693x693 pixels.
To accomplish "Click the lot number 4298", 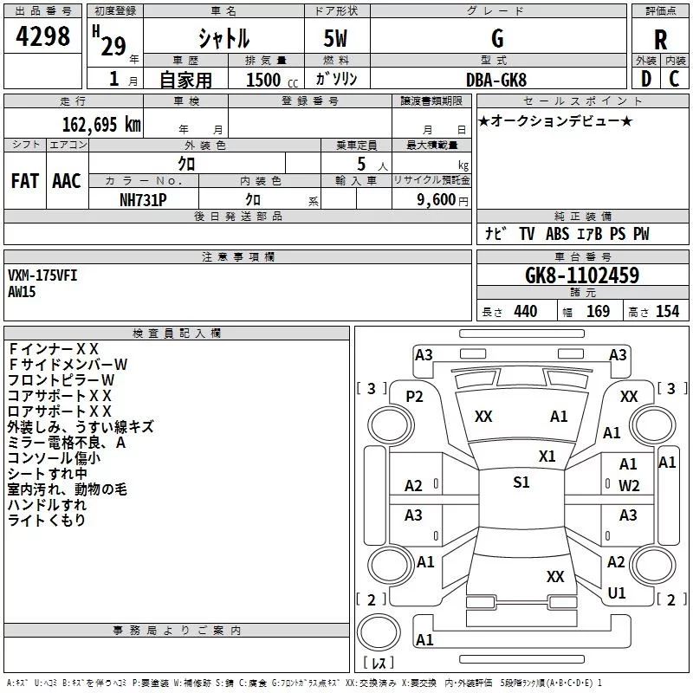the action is click(42, 36).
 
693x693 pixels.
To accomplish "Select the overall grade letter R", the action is click(660, 40).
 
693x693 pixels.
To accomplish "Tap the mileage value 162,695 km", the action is click(101, 125).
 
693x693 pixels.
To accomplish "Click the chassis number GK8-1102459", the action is click(582, 275).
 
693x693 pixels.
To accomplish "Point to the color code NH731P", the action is click(143, 200).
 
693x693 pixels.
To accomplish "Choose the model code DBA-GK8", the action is click(496, 80).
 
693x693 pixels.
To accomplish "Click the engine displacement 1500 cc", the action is click(272, 80).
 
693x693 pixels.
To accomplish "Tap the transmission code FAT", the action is click(25, 181).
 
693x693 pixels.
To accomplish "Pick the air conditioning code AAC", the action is click(67, 181).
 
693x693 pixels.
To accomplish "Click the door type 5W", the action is click(335, 38).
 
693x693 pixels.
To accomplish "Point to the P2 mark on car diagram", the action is click(414, 397).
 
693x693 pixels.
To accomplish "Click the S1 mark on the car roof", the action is click(521, 482).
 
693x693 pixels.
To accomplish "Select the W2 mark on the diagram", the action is click(629, 485).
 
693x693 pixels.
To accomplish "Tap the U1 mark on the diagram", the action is click(617, 593).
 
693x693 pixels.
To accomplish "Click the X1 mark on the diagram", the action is click(547, 456).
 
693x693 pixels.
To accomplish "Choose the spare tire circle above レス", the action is click(379, 631).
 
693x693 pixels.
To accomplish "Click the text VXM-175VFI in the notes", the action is click(42, 275).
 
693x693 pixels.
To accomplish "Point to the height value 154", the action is click(667, 311).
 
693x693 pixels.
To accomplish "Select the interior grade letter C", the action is click(674, 79).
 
